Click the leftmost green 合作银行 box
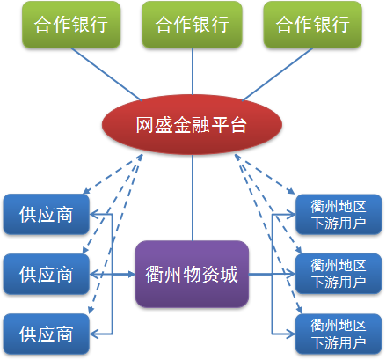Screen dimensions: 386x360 [x=71, y=25]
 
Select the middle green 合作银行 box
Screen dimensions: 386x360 [x=192, y=25]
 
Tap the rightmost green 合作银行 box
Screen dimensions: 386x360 [x=313, y=25]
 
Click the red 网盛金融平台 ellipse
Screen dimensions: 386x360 [x=192, y=125]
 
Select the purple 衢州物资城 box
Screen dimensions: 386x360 [x=192, y=274]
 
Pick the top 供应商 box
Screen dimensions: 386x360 [x=47, y=214]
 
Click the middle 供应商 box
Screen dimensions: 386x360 [x=47, y=274]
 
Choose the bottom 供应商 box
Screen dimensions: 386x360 [x=47, y=334]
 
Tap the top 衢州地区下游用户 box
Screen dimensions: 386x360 [x=339, y=214]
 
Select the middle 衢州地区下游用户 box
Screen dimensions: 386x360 [x=339, y=274]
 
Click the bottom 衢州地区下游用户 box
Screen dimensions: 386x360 [x=339, y=334]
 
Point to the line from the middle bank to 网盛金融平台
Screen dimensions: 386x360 [x=193, y=71]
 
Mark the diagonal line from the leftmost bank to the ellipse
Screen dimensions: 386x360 [x=106, y=74]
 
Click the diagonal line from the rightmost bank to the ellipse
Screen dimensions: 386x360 [x=277, y=74]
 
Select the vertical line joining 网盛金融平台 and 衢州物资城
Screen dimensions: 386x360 [x=193, y=198]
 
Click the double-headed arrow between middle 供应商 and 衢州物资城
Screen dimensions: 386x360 [x=113, y=275]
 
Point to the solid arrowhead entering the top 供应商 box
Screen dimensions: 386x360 [x=94, y=214]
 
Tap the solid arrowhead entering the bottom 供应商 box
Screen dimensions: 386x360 [x=94, y=334]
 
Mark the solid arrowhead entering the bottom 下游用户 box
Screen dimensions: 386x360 [x=290, y=334]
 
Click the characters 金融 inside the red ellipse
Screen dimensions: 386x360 [x=192, y=125]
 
